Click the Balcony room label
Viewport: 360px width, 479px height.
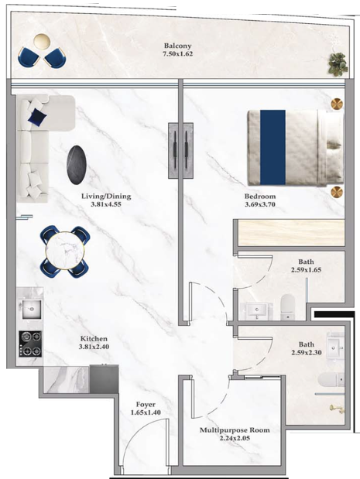pyautogui.click(x=178, y=46)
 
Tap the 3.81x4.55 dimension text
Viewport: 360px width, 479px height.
pyautogui.click(x=106, y=204)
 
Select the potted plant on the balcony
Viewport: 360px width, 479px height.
pyautogui.click(x=338, y=63)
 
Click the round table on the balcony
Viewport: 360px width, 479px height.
pyautogui.click(x=42, y=41)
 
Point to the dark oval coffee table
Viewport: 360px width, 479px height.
pyautogui.click(x=77, y=165)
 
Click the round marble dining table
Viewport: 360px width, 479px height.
pyautogui.click(x=64, y=251)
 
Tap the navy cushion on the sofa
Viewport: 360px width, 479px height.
pyautogui.click(x=37, y=116)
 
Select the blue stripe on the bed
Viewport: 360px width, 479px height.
pyautogui.click(x=273, y=148)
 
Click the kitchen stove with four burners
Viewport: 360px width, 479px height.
pyautogui.click(x=30, y=344)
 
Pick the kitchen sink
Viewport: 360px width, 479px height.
pyautogui.click(x=31, y=309)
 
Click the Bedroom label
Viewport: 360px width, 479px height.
pyautogui.click(x=260, y=197)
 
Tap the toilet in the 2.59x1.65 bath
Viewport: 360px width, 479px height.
pyautogui.click(x=287, y=306)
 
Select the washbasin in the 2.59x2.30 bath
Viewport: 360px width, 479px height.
pyautogui.click(x=336, y=347)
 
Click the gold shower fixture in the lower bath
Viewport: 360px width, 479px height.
pyautogui.click(x=336, y=409)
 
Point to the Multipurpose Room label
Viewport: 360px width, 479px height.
pyautogui.click(x=235, y=430)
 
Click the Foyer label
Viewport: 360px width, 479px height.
pyautogui.click(x=146, y=405)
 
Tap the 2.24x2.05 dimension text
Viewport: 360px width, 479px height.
pyautogui.click(x=235, y=438)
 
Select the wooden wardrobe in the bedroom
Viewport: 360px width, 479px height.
pyautogui.click(x=291, y=232)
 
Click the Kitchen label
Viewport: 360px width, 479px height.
pyautogui.click(x=94, y=339)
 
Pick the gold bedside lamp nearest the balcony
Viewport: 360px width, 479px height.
pyautogui.click(x=337, y=104)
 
